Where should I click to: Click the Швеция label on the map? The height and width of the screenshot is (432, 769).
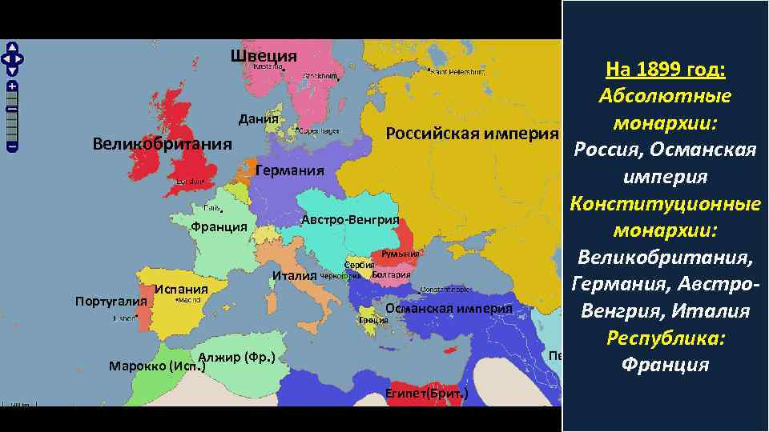pyautogui.click(x=264, y=56)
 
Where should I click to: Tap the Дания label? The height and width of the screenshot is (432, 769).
pyautogui.click(x=259, y=119)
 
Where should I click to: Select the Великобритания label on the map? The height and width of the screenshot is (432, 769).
pyautogui.click(x=162, y=145)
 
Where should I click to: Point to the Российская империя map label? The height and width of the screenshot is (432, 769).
pyautogui.click(x=472, y=133)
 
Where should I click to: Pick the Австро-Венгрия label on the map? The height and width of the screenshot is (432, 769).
pyautogui.click(x=350, y=220)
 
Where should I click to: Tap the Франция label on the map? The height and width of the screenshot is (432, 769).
pyautogui.click(x=219, y=226)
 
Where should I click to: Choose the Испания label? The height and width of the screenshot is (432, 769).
pyautogui.click(x=182, y=289)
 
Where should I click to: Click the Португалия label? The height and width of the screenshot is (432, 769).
pyautogui.click(x=111, y=302)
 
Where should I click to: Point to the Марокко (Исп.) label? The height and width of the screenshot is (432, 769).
pyautogui.click(x=157, y=366)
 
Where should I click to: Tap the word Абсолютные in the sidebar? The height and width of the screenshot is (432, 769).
pyautogui.click(x=664, y=96)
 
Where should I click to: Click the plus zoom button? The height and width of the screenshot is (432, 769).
pyautogui.click(x=13, y=86)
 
